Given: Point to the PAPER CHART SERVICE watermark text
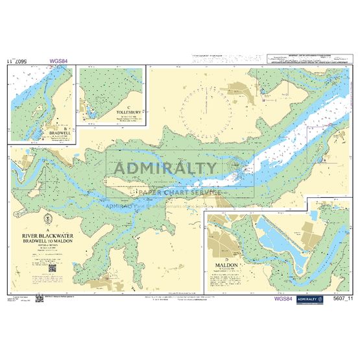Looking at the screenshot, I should (179, 191).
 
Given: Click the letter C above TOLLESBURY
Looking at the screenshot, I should (130, 106).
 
